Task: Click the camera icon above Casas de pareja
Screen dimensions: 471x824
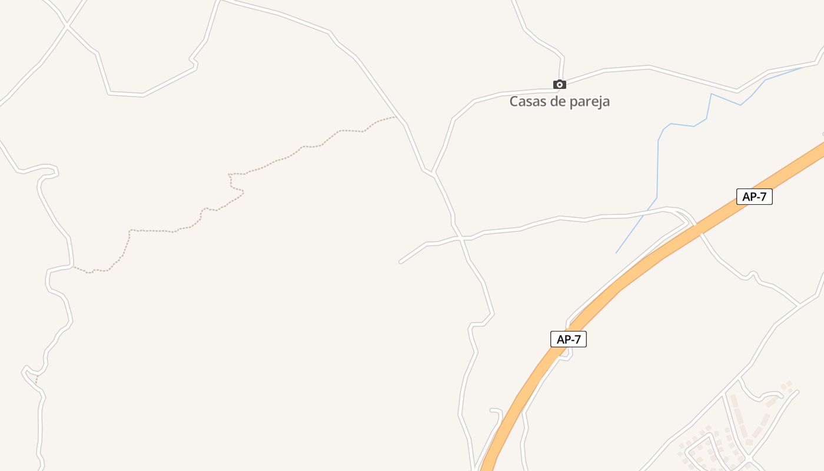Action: point(560,85)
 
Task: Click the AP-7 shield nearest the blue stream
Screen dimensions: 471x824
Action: point(754,197)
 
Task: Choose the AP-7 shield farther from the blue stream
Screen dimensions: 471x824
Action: point(569,339)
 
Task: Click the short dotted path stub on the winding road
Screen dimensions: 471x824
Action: point(36,380)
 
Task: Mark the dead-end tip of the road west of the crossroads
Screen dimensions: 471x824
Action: point(401,261)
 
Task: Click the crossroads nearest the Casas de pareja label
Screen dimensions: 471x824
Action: point(464,238)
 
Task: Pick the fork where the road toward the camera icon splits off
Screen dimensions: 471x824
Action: point(433,173)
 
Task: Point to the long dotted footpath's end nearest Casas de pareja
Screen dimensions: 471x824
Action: point(395,117)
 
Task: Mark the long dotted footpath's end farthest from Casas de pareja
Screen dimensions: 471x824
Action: point(74,267)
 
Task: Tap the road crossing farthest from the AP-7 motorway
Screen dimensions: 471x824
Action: point(67,25)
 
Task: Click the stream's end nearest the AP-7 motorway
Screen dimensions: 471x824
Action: point(616,253)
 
